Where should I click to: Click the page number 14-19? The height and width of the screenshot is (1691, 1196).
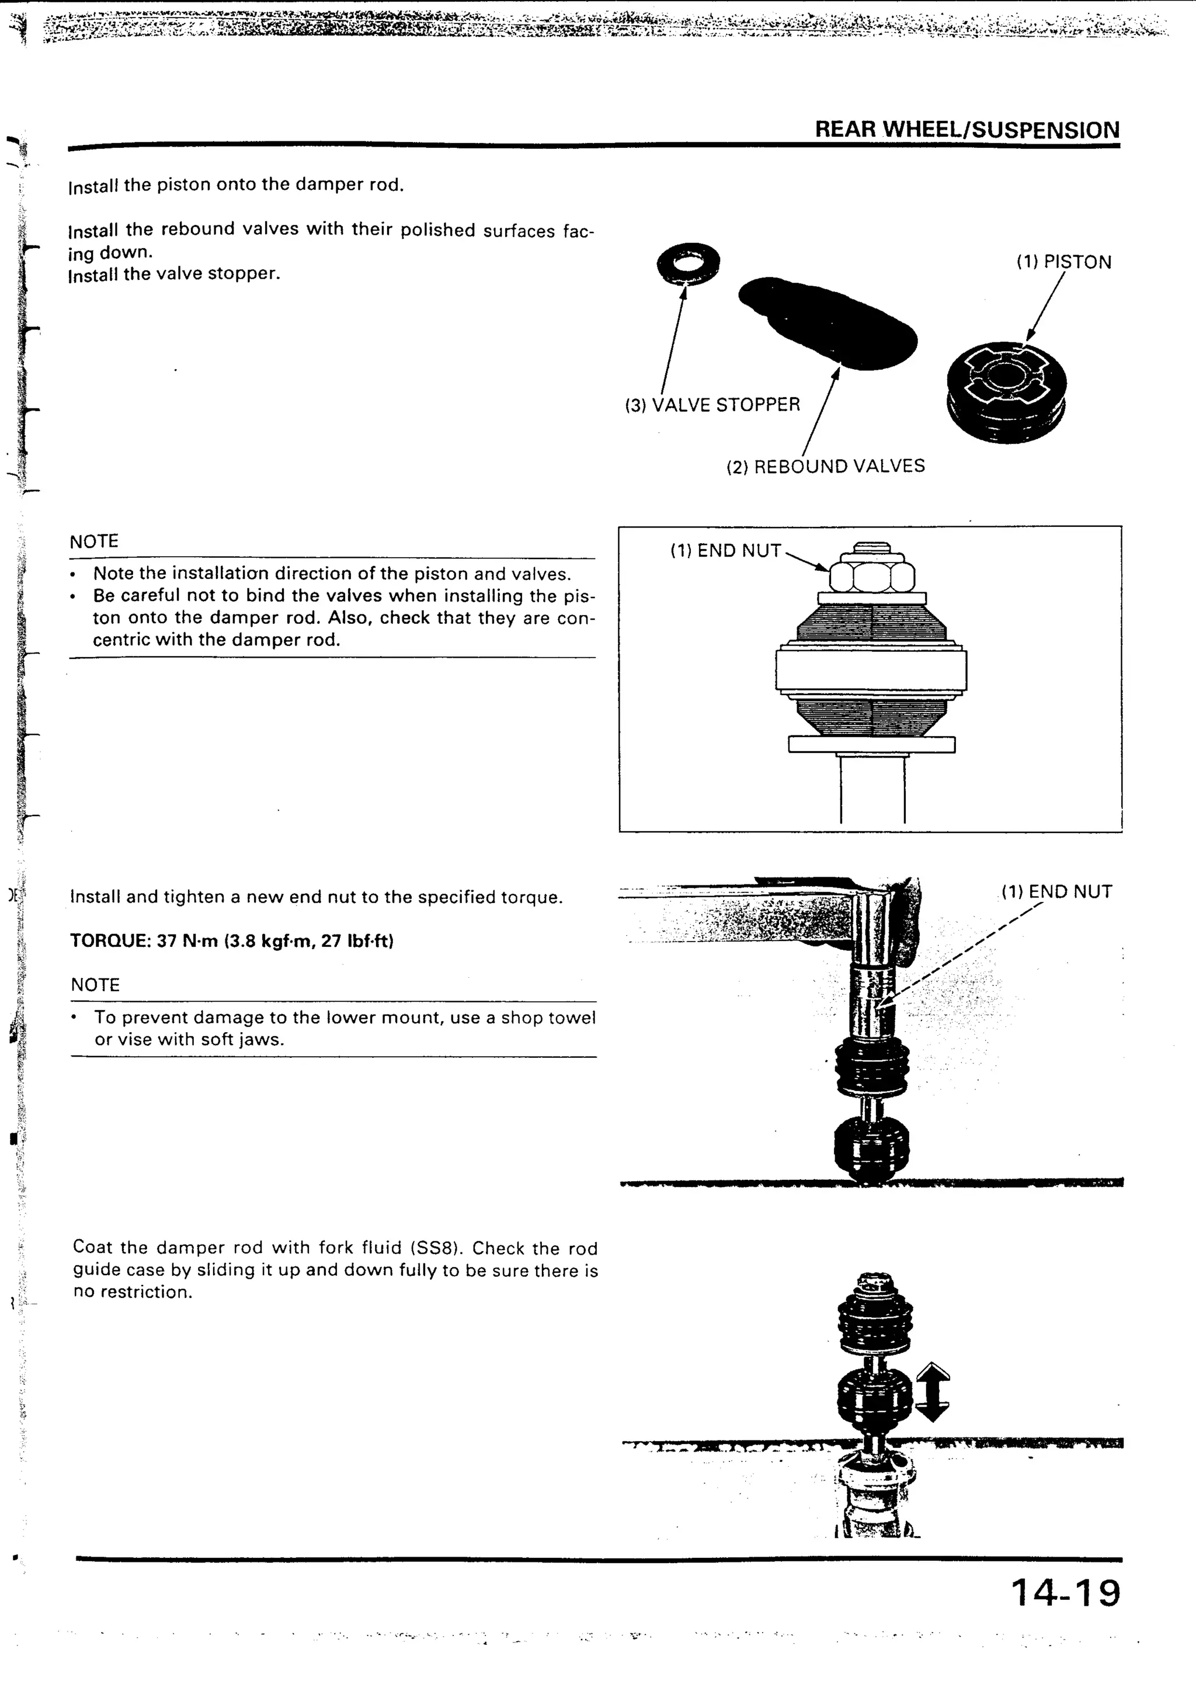(1065, 1592)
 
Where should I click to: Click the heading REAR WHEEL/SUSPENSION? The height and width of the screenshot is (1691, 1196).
(966, 130)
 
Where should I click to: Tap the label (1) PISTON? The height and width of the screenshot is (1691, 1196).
(1063, 262)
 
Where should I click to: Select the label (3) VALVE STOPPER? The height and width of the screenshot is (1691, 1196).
(712, 405)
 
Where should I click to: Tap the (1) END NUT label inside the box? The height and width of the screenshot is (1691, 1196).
(725, 551)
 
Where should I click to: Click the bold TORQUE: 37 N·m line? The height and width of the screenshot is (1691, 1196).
(231, 941)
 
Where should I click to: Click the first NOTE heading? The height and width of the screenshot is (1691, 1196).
(93, 542)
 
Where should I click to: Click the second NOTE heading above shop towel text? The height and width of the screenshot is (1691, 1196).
(95, 985)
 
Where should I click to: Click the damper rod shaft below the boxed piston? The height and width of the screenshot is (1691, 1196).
(872, 791)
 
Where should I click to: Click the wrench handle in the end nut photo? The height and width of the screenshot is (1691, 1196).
(736, 910)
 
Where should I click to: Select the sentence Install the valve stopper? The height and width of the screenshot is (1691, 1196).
(174, 275)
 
